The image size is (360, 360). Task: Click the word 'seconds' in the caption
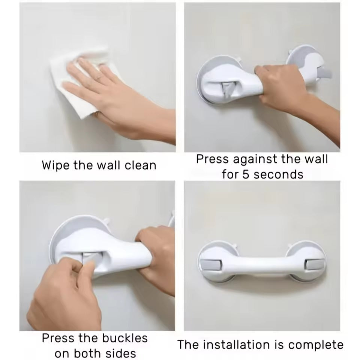(x=278, y=174)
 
